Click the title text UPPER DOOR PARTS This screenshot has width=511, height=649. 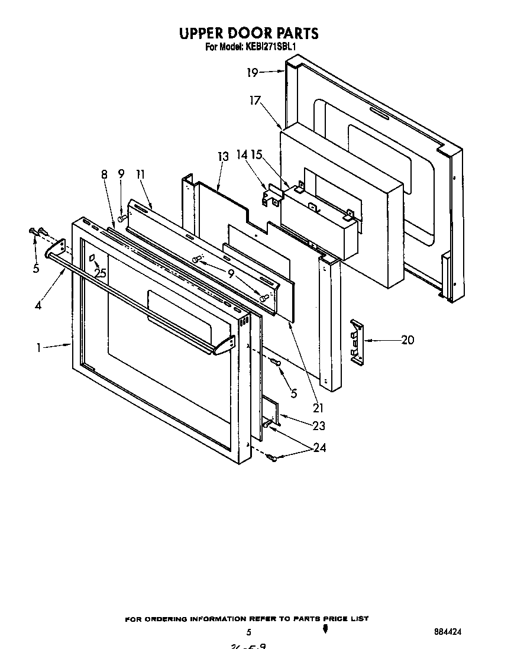click(248, 33)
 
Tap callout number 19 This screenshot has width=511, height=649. click(253, 73)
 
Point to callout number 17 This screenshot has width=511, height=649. click(255, 101)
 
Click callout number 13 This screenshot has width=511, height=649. click(222, 157)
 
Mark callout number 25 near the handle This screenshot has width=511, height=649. click(100, 273)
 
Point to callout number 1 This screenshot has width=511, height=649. click(38, 348)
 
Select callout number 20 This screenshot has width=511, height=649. click(407, 340)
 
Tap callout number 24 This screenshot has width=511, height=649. click(319, 448)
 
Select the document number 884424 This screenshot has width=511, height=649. click(447, 631)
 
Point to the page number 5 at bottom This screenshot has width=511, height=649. click(249, 632)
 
